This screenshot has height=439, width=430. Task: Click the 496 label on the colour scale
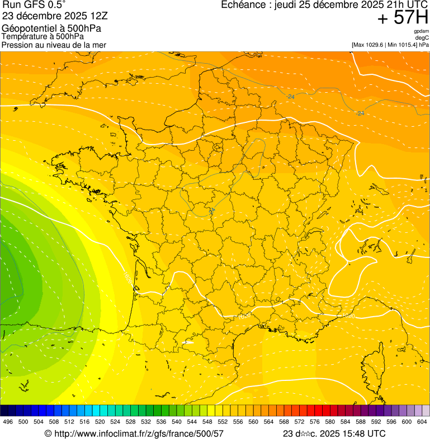8,422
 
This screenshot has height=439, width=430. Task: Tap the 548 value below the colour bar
207,422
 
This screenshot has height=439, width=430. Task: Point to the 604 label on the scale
422,422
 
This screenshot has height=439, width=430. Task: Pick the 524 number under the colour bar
115,422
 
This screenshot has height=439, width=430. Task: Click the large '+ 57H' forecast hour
403,18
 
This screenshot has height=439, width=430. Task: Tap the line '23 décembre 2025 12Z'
51,16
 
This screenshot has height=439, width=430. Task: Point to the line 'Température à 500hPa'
42,37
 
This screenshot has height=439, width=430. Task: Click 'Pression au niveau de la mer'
54,45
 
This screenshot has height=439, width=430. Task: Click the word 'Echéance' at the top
242,5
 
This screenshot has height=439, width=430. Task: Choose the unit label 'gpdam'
421,31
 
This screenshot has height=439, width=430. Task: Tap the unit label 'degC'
422,37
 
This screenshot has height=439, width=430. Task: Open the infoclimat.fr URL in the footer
139,433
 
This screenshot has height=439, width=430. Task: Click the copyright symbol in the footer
48,433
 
